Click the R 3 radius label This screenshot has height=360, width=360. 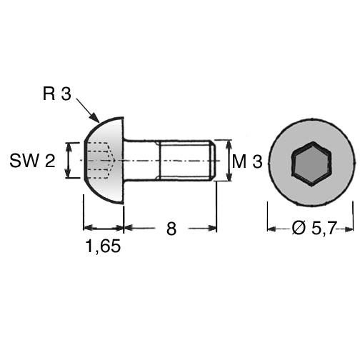click(x=57, y=94)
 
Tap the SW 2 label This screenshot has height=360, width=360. click(x=32, y=160)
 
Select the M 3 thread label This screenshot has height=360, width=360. click(x=247, y=161)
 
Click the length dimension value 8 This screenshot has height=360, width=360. click(x=171, y=229)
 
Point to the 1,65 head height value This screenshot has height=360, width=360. click(x=103, y=246)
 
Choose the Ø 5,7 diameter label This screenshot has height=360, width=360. click(x=314, y=228)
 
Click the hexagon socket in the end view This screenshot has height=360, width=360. click(x=311, y=164)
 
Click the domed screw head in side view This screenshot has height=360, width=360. click(x=105, y=161)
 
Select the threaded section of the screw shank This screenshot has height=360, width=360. click(x=186, y=161)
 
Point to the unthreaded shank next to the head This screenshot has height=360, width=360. click(x=141, y=161)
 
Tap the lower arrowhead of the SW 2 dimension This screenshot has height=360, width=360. click(x=69, y=173)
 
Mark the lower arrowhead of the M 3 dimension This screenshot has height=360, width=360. click(x=229, y=176)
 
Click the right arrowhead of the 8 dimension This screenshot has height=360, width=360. click(x=211, y=228)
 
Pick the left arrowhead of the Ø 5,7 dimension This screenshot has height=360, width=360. click(x=272, y=229)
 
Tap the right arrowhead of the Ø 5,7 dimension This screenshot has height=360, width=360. click(x=349, y=229)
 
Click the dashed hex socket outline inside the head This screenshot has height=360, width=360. click(x=100, y=160)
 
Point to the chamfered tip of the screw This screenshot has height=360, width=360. click(x=213, y=161)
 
